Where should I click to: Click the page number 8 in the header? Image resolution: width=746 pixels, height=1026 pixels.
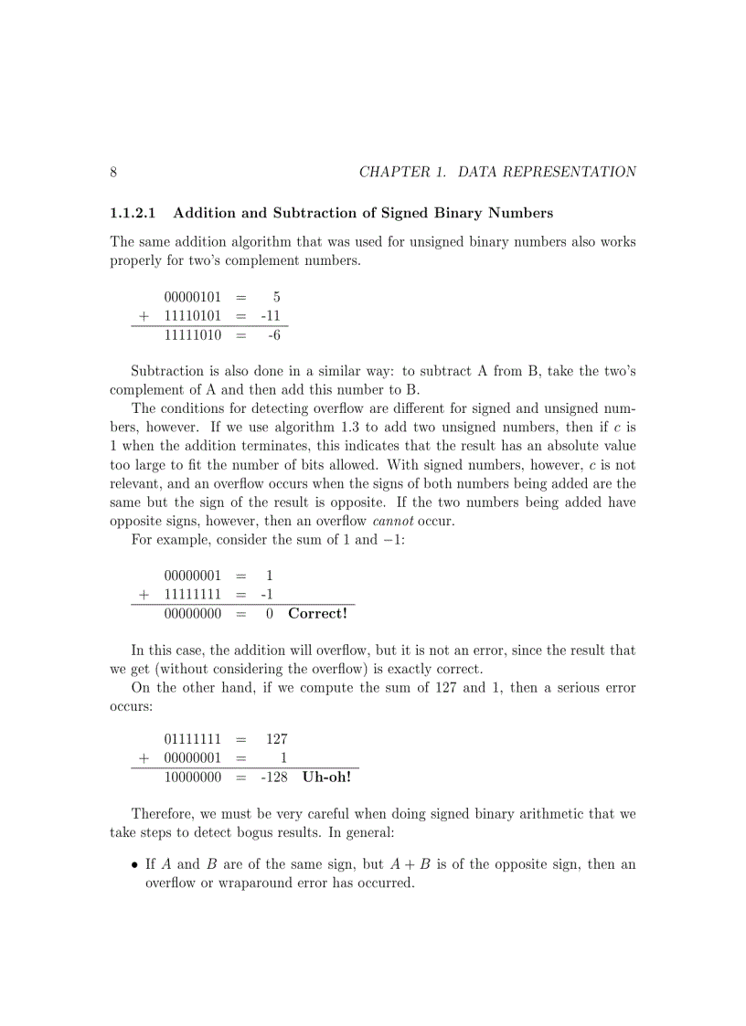(x=113, y=172)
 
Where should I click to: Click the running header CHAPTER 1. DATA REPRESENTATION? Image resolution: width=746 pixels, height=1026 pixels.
(x=497, y=172)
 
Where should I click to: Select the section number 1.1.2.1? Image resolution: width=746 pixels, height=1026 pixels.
(x=133, y=214)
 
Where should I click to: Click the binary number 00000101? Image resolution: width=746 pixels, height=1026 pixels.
(x=193, y=297)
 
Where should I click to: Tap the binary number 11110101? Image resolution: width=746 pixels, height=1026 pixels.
(x=193, y=316)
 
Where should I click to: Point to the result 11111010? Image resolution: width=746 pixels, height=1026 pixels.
(x=193, y=336)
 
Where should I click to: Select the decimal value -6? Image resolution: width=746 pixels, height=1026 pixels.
(x=273, y=336)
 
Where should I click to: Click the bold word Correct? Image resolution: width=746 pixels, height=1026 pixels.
(x=317, y=613)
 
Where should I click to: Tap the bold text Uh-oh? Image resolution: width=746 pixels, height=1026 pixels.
(x=326, y=777)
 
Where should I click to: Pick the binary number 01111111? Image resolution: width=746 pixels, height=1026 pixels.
(x=193, y=738)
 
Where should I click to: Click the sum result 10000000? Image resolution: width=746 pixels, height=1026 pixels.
(x=193, y=777)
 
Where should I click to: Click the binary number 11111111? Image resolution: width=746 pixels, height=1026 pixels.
(x=193, y=595)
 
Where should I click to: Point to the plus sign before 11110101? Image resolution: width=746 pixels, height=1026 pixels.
(x=144, y=316)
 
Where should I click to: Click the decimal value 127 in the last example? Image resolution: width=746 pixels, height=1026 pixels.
(x=277, y=738)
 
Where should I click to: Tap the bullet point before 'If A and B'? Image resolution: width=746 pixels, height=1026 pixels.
(x=135, y=864)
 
